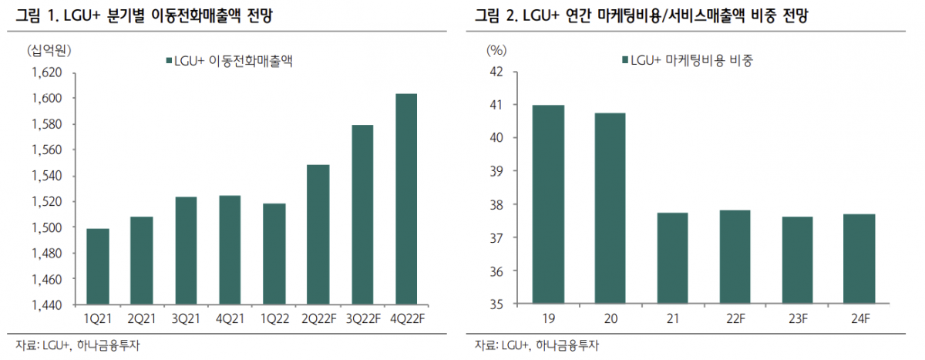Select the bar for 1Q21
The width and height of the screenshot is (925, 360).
[x=97, y=267]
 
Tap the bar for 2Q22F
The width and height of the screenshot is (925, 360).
[x=318, y=234]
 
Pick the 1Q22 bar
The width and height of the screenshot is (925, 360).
[x=274, y=254]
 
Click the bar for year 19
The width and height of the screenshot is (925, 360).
[x=547, y=204]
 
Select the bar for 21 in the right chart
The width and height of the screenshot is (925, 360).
[x=672, y=258]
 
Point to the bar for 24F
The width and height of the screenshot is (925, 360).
[x=859, y=259]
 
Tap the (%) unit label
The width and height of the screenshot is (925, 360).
[x=496, y=51]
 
